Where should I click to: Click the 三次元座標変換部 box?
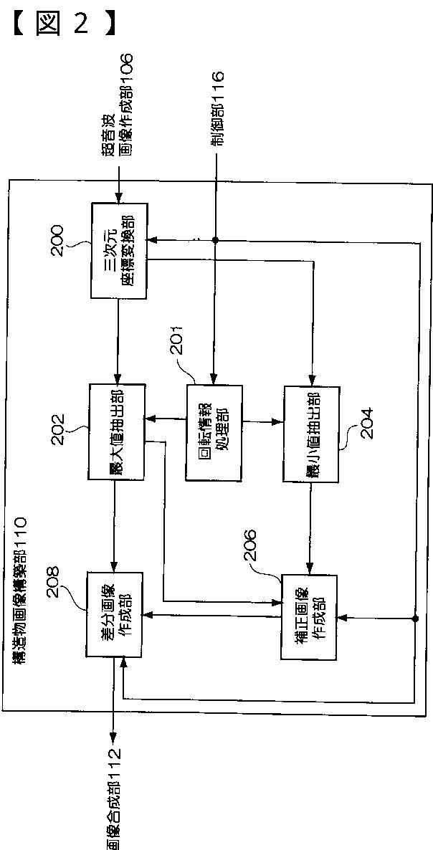(118, 250)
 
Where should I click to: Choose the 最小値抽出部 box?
(311, 434)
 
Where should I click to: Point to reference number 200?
(58, 242)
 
